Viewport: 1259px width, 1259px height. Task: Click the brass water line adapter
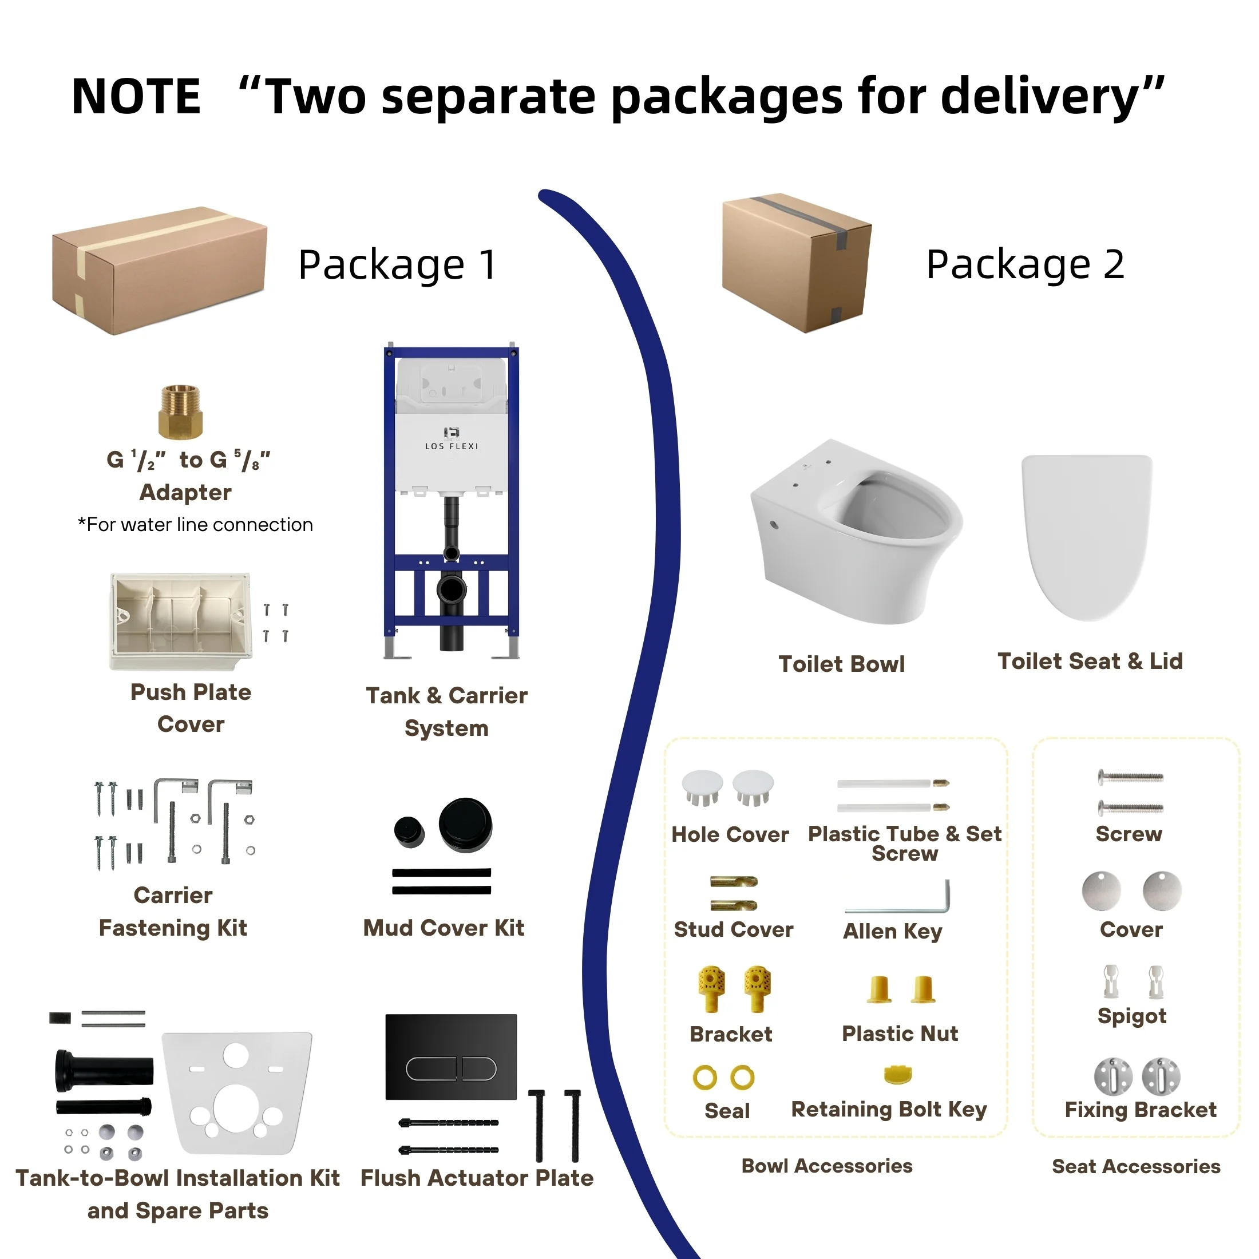[x=180, y=412]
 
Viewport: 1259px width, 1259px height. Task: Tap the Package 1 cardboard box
[x=160, y=271]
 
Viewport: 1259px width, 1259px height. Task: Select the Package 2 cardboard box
[x=797, y=263]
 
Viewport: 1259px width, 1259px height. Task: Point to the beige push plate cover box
[x=180, y=621]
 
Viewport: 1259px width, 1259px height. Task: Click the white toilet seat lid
[x=1087, y=537]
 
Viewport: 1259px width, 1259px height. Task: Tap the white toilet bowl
[x=855, y=532]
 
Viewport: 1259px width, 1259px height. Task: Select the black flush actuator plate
[x=451, y=1057]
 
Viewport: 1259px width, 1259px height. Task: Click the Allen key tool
[x=898, y=897]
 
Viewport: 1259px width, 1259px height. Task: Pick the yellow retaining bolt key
[x=898, y=1075]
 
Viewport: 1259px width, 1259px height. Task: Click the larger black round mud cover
[x=465, y=825]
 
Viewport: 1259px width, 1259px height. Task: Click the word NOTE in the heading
[x=136, y=97]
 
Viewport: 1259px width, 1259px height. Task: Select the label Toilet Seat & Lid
[x=1090, y=661]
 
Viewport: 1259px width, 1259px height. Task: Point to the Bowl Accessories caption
[x=827, y=1166]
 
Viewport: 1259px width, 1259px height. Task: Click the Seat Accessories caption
[x=1136, y=1166]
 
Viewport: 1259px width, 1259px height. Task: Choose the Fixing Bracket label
[x=1141, y=1110]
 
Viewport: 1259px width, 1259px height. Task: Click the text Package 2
[x=1025, y=264]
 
